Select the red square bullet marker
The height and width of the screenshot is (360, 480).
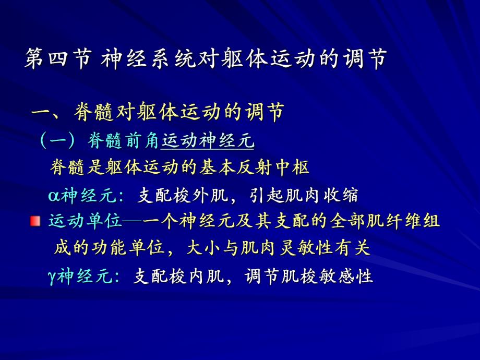pos(35,222)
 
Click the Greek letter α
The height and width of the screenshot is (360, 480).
pos(54,196)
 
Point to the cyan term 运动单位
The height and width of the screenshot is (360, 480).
pos(85,221)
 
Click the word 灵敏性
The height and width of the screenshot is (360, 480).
pos(303,248)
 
